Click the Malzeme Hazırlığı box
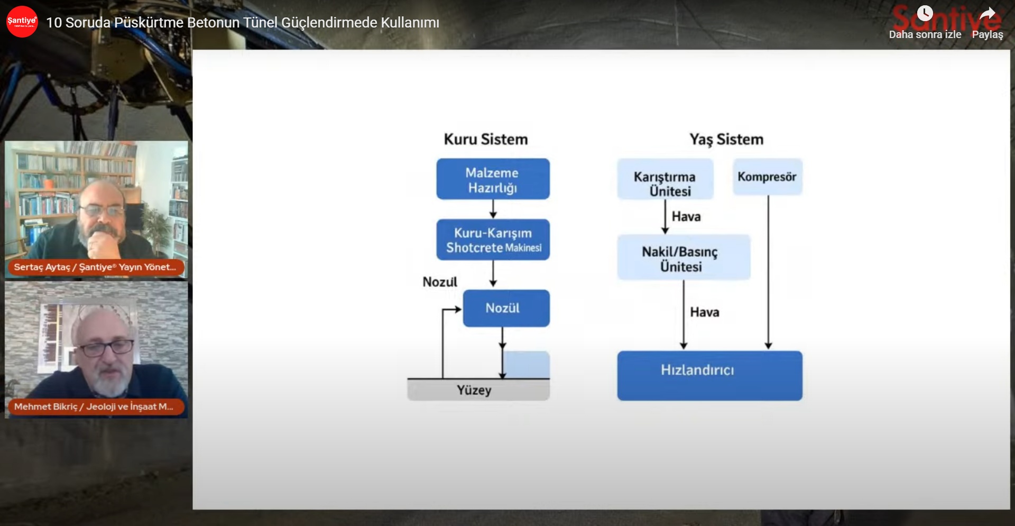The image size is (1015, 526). point(493,179)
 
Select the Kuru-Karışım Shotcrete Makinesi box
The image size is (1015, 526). point(493,240)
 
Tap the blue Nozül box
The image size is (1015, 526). point(506,308)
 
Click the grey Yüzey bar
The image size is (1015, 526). point(478,390)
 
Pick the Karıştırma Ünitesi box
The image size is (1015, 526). point(665,180)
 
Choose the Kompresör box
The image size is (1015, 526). point(767,177)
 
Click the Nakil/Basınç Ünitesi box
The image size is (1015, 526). point(683,258)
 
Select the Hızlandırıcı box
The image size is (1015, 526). point(709,375)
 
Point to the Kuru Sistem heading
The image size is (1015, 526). point(485,140)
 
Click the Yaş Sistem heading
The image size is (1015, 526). point(726,140)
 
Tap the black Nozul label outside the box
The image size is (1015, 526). point(440,282)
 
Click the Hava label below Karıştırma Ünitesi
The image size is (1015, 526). point(686,217)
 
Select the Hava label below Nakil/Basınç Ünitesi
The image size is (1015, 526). point(705,312)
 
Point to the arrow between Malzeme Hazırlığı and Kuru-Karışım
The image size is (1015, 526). point(493,209)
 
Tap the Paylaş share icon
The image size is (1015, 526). point(987,15)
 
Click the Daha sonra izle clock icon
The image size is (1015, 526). point(925,14)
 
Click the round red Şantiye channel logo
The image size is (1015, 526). point(22,22)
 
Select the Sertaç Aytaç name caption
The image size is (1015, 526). point(95,267)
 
